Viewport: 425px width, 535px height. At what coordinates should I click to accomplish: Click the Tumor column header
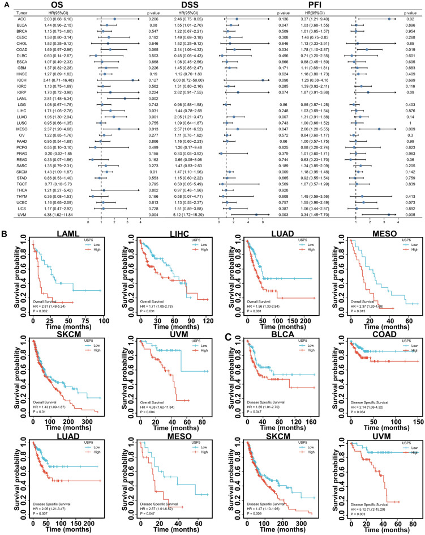coord(10,12)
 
